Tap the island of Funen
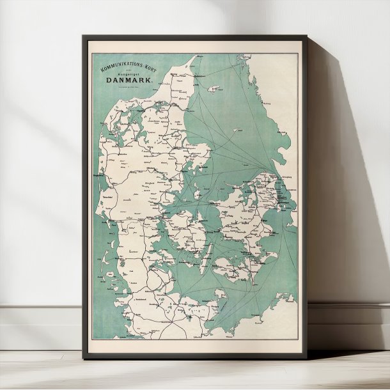pos(179,230)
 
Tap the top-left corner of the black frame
pos(84,37)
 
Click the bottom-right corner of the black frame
pos(306,356)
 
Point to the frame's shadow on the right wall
pos(339,192)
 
